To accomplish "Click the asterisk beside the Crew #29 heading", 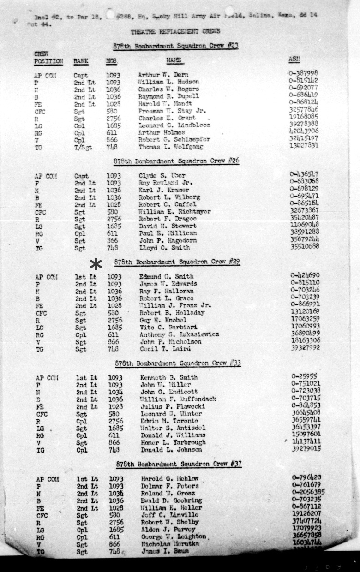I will click(x=96, y=264).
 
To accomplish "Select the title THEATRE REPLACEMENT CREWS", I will click(x=175, y=32).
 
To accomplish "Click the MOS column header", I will click(x=112, y=61).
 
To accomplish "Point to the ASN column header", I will click(x=294, y=60).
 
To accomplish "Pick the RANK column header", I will click(x=81, y=61).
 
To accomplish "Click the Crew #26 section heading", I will click(x=176, y=161).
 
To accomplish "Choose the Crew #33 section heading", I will click(x=178, y=363).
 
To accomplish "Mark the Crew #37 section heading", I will click(x=179, y=464).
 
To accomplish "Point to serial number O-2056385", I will click(x=308, y=491).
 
